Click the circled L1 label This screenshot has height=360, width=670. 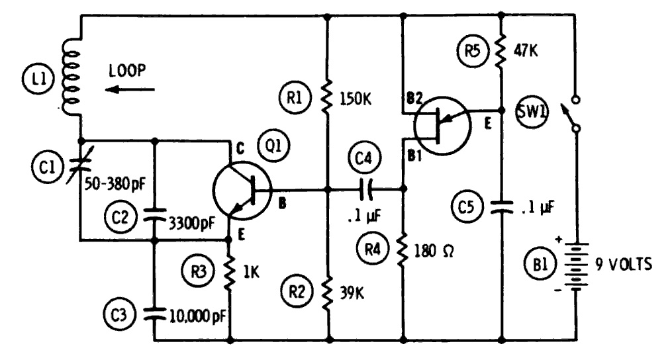[38, 79]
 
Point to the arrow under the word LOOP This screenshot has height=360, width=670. [130, 90]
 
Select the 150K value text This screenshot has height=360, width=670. [356, 99]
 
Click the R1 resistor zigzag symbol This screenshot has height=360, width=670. [327, 96]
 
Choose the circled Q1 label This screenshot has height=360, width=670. [273, 146]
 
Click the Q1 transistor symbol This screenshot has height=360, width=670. [242, 191]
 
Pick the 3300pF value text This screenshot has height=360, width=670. [191, 223]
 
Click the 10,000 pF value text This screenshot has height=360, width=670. [198, 316]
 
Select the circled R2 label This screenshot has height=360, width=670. [297, 292]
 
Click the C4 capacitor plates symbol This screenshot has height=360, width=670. [366, 189]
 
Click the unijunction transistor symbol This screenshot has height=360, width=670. [442, 125]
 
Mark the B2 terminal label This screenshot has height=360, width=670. [414, 99]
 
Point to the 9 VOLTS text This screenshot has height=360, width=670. [624, 265]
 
